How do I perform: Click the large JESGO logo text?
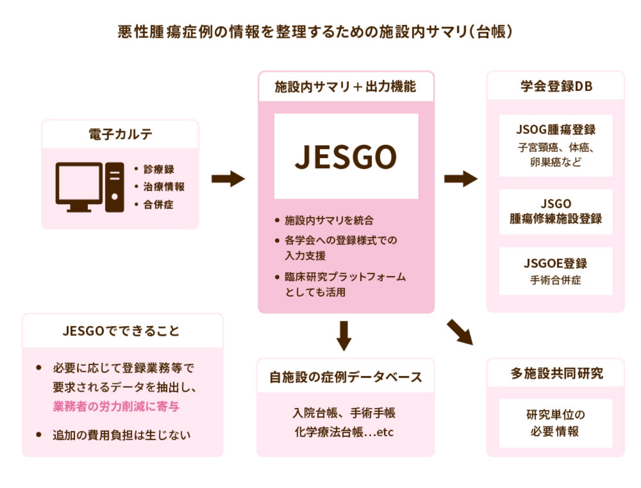346,157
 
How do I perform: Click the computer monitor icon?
79,186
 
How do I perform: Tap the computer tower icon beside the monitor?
114,187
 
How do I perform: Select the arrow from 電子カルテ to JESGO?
228,178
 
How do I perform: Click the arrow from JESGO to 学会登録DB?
460,178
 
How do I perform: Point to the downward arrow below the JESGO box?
344,336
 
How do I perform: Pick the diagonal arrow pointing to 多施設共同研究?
460,332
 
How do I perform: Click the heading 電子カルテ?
120,134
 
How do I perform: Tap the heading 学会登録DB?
556,86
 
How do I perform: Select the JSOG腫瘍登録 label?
556,130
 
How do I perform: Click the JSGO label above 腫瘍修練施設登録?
556,203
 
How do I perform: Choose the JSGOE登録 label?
556,264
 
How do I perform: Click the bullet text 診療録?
159,169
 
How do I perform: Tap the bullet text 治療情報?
164,187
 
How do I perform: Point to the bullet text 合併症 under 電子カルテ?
158,205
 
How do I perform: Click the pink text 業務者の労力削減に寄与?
116,407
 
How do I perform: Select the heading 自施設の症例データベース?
346,377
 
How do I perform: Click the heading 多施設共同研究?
557,374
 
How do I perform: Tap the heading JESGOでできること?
121,331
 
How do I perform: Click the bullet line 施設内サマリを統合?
329,221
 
